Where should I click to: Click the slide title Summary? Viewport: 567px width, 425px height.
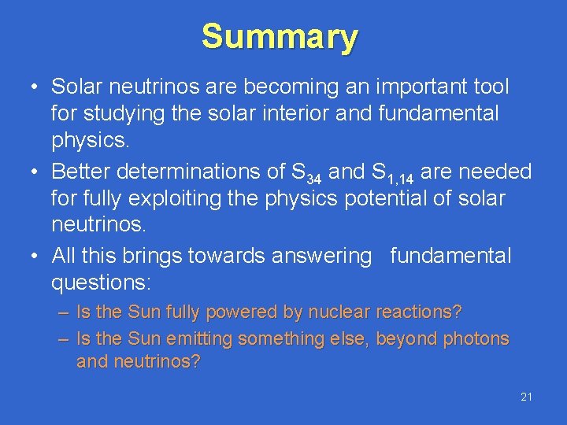coord(280,37)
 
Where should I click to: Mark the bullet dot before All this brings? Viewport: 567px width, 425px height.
coord(36,257)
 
